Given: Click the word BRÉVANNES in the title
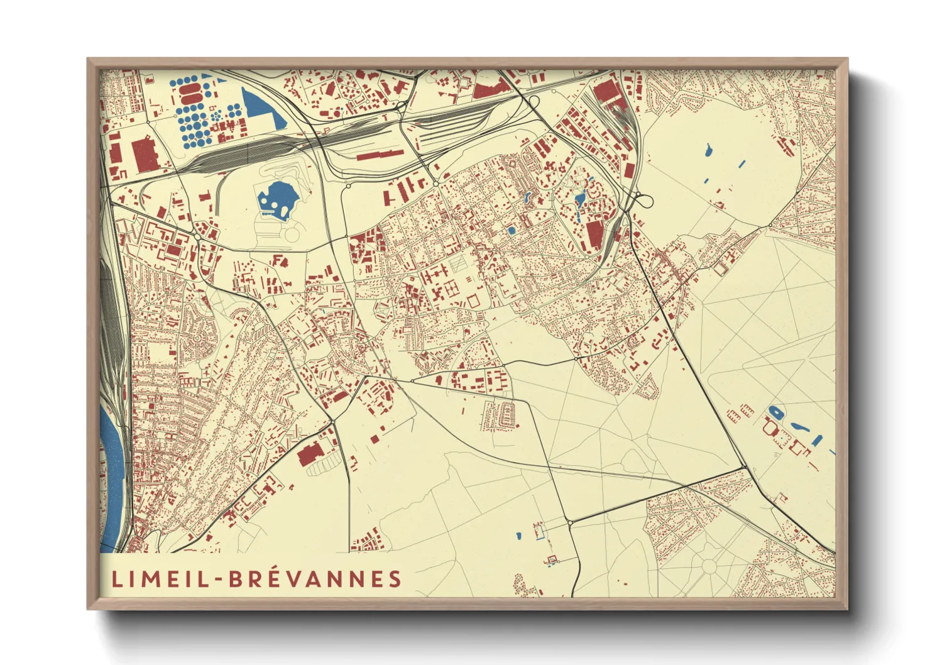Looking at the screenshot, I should (x=314, y=579).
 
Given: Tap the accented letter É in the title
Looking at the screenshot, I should (x=270, y=578).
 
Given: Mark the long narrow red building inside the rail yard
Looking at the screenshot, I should (x=379, y=155).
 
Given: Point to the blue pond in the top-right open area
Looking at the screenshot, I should (x=708, y=150).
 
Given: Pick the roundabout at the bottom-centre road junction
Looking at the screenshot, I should (x=569, y=522).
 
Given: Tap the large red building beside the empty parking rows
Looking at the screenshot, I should (x=310, y=453).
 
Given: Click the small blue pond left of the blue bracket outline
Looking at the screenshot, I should (x=518, y=536).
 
